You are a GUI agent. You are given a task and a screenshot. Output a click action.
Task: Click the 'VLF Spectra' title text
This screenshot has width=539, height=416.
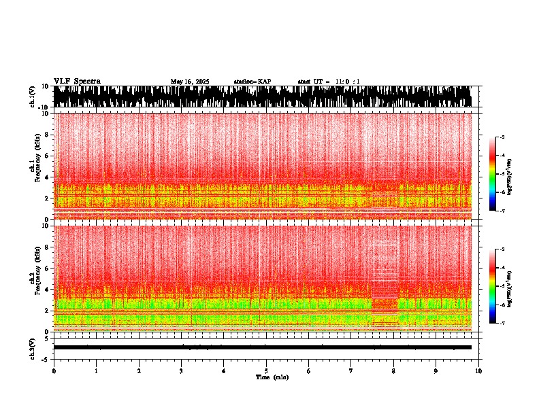click(77, 81)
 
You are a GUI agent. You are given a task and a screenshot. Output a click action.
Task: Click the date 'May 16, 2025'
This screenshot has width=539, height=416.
click(190, 82)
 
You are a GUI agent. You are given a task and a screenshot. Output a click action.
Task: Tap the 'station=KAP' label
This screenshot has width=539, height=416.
click(252, 82)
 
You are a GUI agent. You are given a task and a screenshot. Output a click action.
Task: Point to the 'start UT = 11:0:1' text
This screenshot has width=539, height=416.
click(329, 82)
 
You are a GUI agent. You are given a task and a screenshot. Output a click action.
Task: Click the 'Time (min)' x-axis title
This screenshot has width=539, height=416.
click(272, 377)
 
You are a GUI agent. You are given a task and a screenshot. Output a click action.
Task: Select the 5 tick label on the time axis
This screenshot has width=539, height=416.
click(266, 371)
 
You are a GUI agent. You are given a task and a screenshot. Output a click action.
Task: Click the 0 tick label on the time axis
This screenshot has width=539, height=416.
click(54, 371)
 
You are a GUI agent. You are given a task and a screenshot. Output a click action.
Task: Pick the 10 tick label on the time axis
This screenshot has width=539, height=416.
click(478, 371)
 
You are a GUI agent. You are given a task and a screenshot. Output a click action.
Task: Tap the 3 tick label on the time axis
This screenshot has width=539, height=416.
click(181, 371)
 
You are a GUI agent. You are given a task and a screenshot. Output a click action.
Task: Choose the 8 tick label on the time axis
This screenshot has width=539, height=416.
click(393, 371)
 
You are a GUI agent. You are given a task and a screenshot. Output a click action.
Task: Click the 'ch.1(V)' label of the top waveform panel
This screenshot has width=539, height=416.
click(32, 97)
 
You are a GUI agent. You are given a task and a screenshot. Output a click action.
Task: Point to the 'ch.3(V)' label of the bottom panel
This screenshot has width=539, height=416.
click(32, 347)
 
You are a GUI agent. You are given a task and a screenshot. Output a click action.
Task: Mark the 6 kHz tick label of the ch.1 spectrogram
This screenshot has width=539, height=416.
click(48, 156)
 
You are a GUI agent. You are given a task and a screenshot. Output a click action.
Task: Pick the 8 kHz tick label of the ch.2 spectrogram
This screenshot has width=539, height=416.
click(48, 247)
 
